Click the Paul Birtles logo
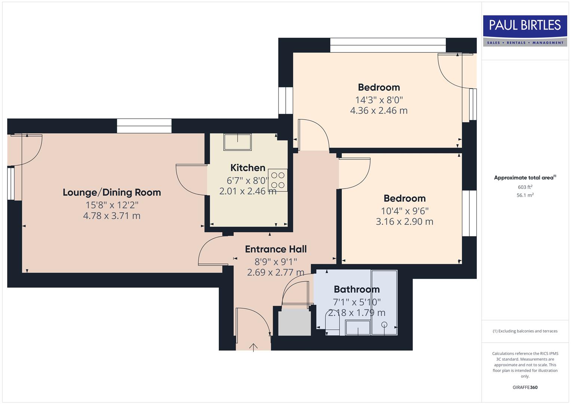pyautogui.click(x=525, y=31)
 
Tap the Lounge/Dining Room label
pyautogui.click(x=112, y=193)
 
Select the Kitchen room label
pyautogui.click(x=248, y=168)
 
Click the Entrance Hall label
pyautogui.click(x=276, y=249)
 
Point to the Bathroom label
pyautogui.click(x=356, y=289)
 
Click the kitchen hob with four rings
pyautogui.click(x=277, y=180)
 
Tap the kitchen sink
pyautogui.click(x=237, y=142)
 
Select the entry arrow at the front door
pyautogui.click(x=254, y=347)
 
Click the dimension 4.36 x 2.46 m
pyautogui.click(x=378, y=111)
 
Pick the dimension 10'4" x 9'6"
pyautogui.click(x=404, y=211)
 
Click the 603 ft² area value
pyautogui.click(x=525, y=187)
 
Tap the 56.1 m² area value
pyautogui.click(x=525, y=195)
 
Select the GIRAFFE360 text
pyautogui.click(x=525, y=387)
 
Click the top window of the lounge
pyautogui.click(x=144, y=126)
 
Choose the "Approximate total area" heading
pyautogui.click(x=525, y=178)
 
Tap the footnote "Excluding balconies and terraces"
pyautogui.click(x=525, y=331)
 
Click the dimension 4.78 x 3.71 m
pyautogui.click(x=111, y=216)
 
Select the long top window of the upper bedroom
pyautogui.click(x=388, y=45)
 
